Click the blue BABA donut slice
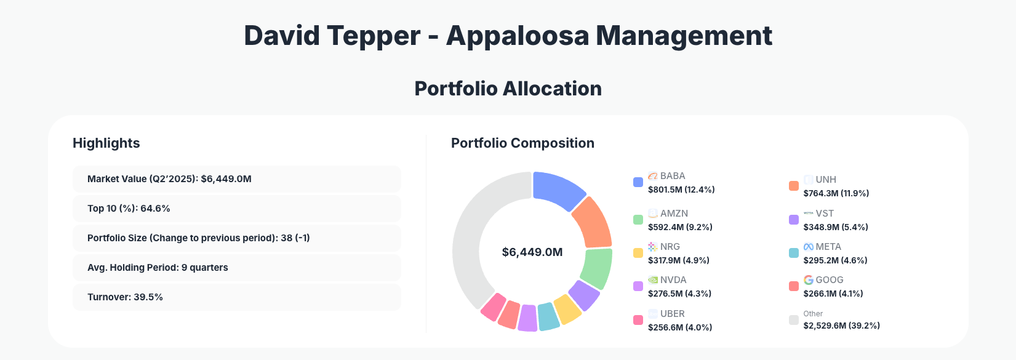pyautogui.click(x=557, y=190)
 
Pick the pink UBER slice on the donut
pyautogui.click(x=493, y=306)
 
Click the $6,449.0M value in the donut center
pyautogui.click(x=532, y=252)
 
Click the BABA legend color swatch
pyautogui.click(x=638, y=182)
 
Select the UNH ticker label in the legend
pyautogui.click(x=826, y=180)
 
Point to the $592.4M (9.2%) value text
pyautogui.click(x=680, y=227)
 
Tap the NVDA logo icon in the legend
pyautogui.click(x=653, y=280)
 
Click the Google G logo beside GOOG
pyautogui.click(x=809, y=280)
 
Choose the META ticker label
pyautogui.click(x=828, y=247)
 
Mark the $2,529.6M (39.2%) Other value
pyautogui.click(x=841, y=326)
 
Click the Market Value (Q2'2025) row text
pyautogui.click(x=169, y=179)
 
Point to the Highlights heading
pyautogui.click(x=106, y=143)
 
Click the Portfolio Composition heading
pyautogui.click(x=522, y=143)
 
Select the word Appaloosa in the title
pyautogui.click(x=518, y=36)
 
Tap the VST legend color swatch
pyautogui.click(x=794, y=220)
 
